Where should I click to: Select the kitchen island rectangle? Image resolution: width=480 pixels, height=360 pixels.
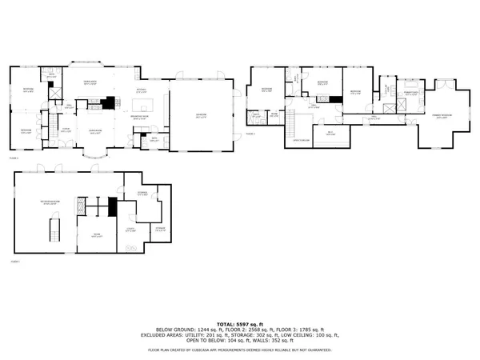pyautogui.click(x=138, y=103)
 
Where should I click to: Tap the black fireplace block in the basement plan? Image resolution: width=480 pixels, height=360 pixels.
pyautogui.click(x=112, y=205)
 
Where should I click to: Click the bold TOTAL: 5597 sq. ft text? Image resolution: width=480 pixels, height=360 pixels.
pyautogui.click(x=240, y=322)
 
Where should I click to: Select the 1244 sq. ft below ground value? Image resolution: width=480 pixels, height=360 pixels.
pyautogui.click(x=198, y=330)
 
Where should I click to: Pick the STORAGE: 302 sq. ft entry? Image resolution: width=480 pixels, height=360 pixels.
pyautogui.click(x=262, y=335)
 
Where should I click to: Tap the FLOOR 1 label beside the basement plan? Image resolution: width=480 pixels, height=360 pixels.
pyautogui.click(x=14, y=260)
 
